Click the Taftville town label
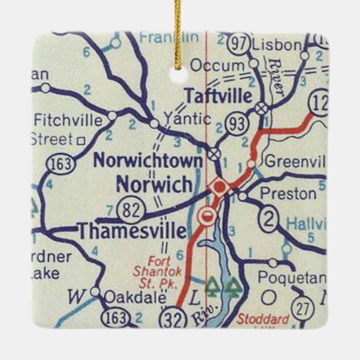click(x=218, y=95)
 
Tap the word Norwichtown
click(x=148, y=160)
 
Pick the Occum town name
click(x=217, y=65)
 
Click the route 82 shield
click(x=132, y=210)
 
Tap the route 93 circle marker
click(x=237, y=125)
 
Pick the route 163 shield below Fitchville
click(x=58, y=164)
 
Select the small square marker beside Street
click(x=81, y=140)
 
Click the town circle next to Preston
click(x=243, y=196)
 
